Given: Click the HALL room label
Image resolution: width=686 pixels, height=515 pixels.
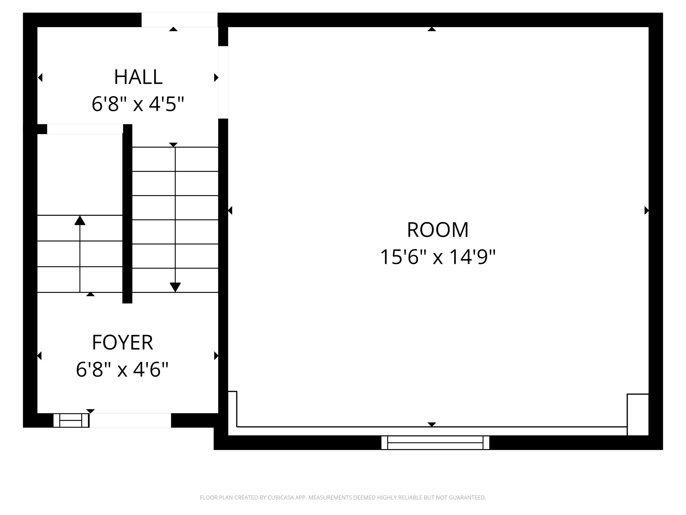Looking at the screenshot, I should (x=138, y=77).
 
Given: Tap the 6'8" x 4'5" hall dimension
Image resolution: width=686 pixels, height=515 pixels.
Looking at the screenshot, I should (x=138, y=104).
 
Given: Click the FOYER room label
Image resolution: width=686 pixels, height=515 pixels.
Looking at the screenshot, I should (x=122, y=342).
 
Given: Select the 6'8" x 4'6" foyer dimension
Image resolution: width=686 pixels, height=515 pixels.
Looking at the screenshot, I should (x=122, y=369).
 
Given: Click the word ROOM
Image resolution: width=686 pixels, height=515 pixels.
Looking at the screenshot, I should (x=437, y=230).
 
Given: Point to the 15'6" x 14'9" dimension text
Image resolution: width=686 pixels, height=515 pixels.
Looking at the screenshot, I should (x=437, y=257).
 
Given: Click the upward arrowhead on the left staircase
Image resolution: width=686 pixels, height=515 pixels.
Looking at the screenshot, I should (x=80, y=220).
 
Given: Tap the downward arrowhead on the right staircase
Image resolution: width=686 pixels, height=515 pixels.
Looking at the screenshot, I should (x=175, y=287).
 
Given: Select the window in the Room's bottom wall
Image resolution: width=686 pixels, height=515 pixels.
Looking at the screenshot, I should (x=435, y=443).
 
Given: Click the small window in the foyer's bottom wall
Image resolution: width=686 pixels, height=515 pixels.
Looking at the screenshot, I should (x=71, y=420).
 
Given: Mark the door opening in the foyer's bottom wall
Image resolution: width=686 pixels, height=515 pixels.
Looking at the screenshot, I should (x=130, y=420).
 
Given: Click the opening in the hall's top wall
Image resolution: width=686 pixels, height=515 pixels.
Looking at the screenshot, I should (x=179, y=20).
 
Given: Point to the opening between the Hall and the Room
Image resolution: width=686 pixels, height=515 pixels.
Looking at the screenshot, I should (x=223, y=82).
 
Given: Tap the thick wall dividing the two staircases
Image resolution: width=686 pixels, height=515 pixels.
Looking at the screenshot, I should (x=127, y=215).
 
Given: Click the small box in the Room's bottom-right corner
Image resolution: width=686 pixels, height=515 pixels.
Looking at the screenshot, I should (x=637, y=414).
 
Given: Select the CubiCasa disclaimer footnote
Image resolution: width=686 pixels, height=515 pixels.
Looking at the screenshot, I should (x=343, y=498).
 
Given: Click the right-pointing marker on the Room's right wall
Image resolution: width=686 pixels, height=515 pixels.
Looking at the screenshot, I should (x=646, y=211).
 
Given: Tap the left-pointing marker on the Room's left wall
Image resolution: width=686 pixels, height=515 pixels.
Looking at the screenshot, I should (x=230, y=211).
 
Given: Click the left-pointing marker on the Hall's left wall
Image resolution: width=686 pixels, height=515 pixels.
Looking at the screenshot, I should (x=40, y=77).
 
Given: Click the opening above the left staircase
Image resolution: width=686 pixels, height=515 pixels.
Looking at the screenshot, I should (x=85, y=129).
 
